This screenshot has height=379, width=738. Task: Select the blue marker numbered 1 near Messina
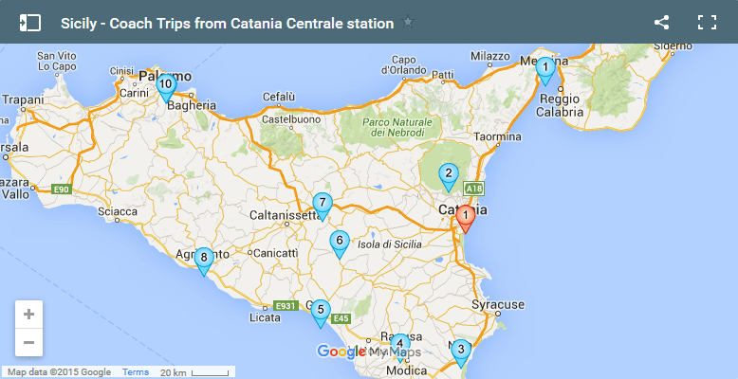pos(544,69)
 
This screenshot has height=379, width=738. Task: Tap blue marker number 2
pos(448,175)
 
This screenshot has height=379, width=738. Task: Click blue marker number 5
pos(321,311)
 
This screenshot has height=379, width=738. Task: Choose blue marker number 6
pos(339,243)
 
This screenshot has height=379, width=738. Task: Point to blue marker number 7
pos(323,204)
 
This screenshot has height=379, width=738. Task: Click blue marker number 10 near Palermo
pos(166,86)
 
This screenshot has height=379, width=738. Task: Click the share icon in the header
pos(662,23)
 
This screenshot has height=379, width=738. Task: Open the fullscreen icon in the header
pos(707,23)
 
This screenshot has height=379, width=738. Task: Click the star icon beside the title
pos(408,23)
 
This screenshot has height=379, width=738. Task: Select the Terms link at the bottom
pos(136,372)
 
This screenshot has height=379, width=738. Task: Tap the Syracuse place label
pos(498,305)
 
